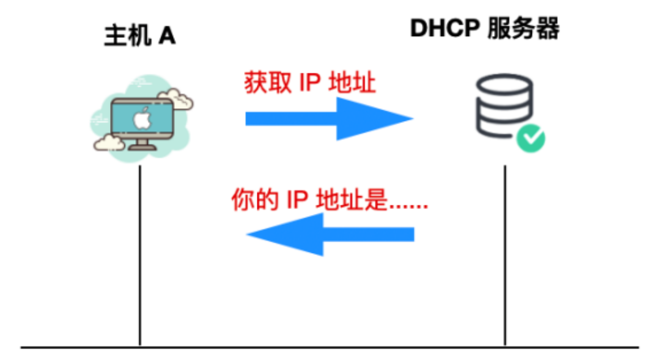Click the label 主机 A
coord(140,37)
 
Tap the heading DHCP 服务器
coord(484,29)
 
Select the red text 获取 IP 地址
coord(310,84)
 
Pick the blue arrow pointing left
coord(330,234)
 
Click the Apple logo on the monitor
coord(142,118)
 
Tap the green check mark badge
coord(530,139)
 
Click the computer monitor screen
coord(142,119)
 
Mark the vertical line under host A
coord(140,257)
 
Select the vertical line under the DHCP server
coord(505,257)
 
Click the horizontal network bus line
coord(330,348)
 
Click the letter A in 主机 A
coord(167,37)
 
